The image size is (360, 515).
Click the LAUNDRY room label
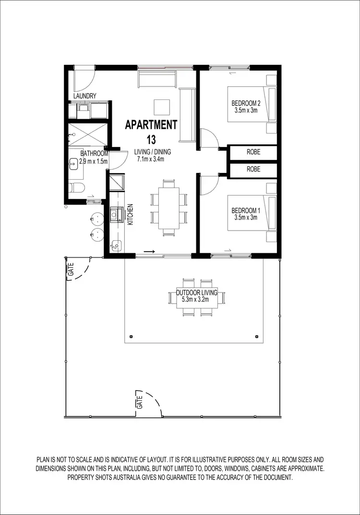point(85,96)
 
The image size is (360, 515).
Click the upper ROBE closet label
point(253,151)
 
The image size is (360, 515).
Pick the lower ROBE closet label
point(253,170)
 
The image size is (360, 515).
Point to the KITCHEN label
point(130,215)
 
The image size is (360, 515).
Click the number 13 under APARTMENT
point(151,140)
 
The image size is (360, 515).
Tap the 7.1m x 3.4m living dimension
point(151,159)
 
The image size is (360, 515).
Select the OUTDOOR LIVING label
point(197,293)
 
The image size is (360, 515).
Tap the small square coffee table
point(162,106)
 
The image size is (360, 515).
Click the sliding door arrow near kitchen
point(149,251)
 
